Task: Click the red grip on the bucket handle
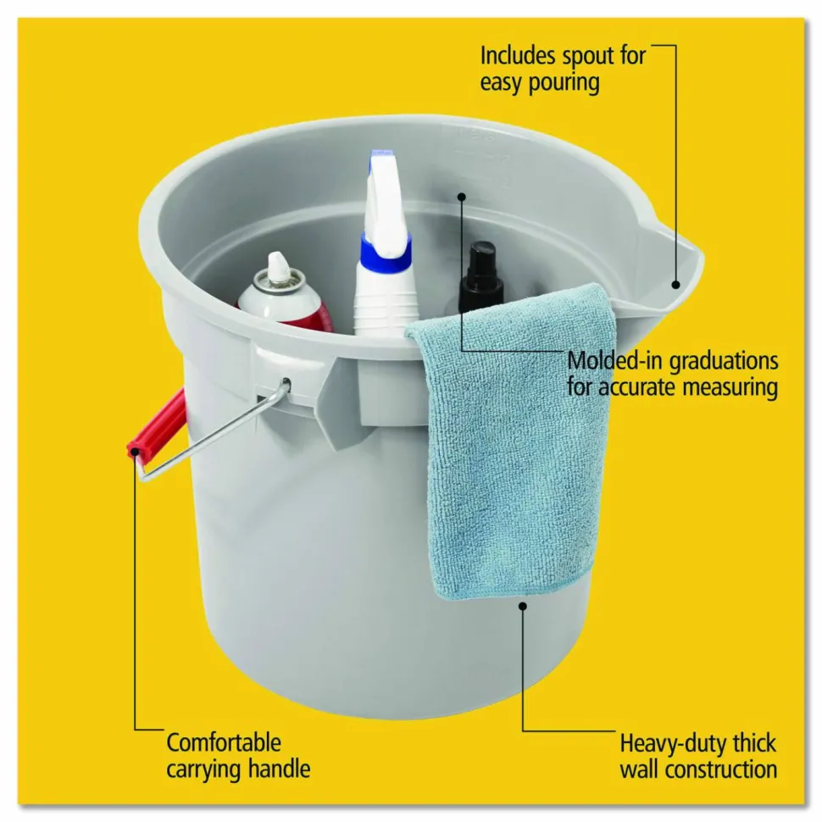pos(156,425)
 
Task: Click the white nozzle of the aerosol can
pos(276,265)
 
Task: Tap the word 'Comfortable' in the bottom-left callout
pos(224,743)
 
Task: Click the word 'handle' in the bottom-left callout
pos(279,769)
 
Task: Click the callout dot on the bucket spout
pos(675,285)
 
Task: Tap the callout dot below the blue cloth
pos(523,606)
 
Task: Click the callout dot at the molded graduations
pos(461,197)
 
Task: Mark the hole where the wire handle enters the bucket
pos(286,383)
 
